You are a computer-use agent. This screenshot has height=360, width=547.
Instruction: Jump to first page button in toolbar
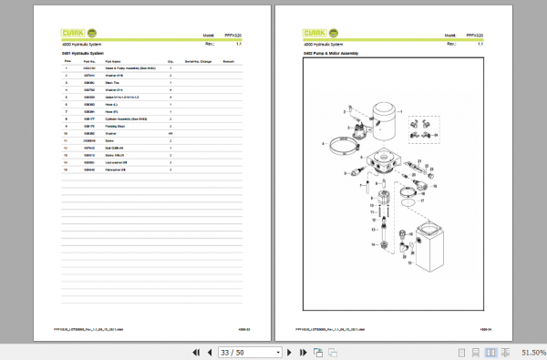point(196,352)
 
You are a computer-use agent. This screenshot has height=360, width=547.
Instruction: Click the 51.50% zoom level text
point(532,352)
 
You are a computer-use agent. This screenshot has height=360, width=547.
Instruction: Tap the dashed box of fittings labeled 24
point(421,128)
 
